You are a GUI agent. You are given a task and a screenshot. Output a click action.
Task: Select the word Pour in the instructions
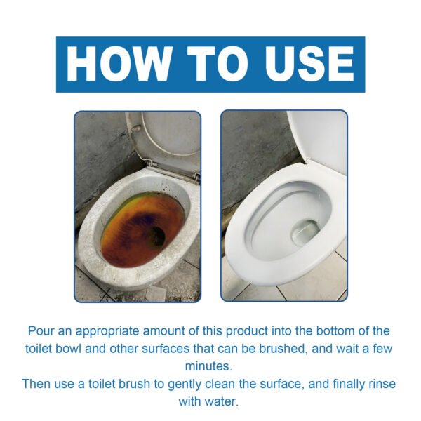(41, 330)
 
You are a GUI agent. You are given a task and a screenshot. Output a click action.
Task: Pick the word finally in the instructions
(342, 384)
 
